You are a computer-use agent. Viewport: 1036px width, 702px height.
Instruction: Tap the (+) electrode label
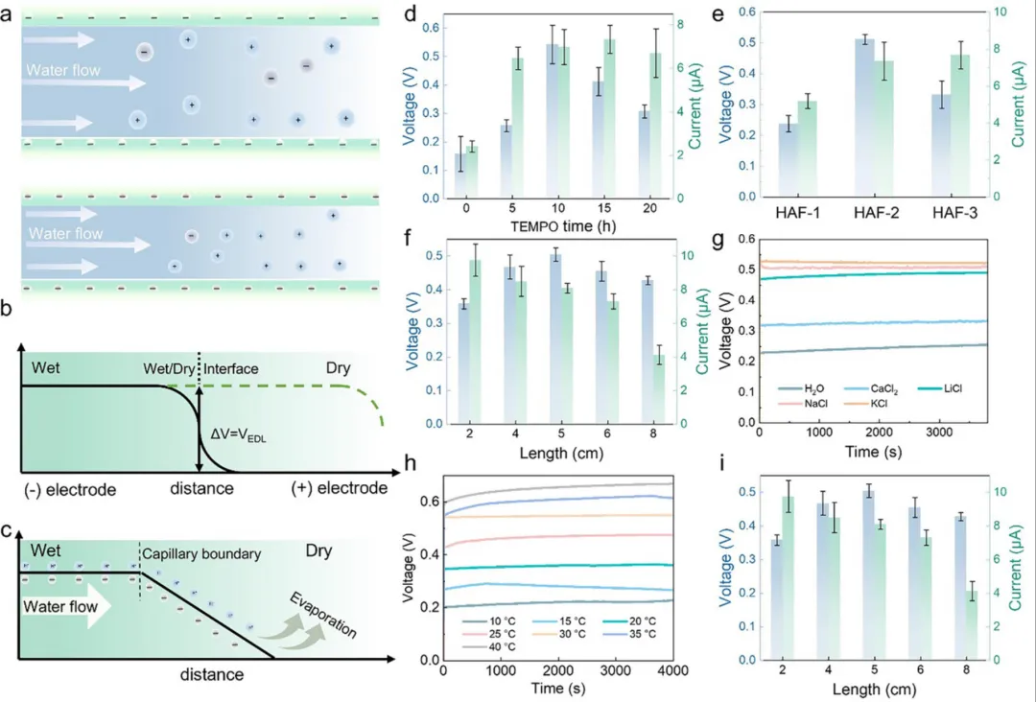pyautogui.click(x=340, y=489)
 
